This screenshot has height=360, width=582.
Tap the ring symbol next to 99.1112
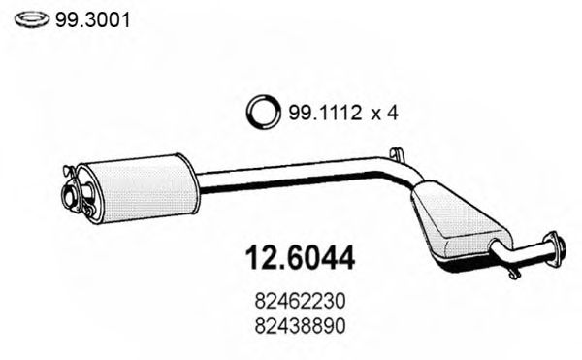point(265,113)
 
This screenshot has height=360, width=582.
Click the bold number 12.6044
point(297,260)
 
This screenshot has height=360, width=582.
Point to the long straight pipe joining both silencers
point(291,175)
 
